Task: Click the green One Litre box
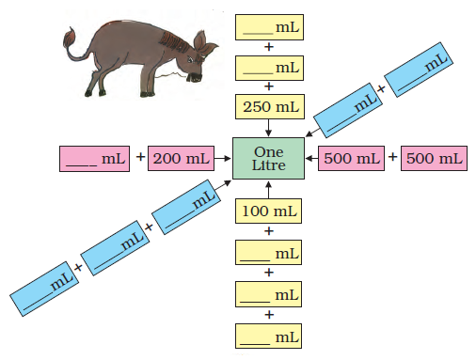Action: [x=268, y=158]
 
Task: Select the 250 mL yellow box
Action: [x=270, y=107]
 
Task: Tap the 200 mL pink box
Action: [x=181, y=158]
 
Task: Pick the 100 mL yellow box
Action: [x=268, y=211]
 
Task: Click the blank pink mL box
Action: [x=94, y=159]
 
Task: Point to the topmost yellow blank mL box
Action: [x=269, y=27]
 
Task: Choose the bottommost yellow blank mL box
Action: [x=268, y=337]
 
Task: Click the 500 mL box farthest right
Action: [x=434, y=158]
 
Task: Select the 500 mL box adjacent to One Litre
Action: [x=351, y=158]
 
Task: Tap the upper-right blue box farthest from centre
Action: [x=419, y=70]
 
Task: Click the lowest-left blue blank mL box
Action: [x=44, y=289]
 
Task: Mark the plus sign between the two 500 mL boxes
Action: [x=392, y=156]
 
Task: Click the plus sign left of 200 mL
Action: [x=141, y=156]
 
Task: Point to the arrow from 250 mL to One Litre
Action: [x=268, y=128]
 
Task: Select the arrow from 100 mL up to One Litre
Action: [x=268, y=189]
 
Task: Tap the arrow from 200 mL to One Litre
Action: [x=223, y=159]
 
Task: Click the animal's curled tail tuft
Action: [x=70, y=37]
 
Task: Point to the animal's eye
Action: [x=190, y=59]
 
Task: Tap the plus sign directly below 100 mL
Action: [x=269, y=231]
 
